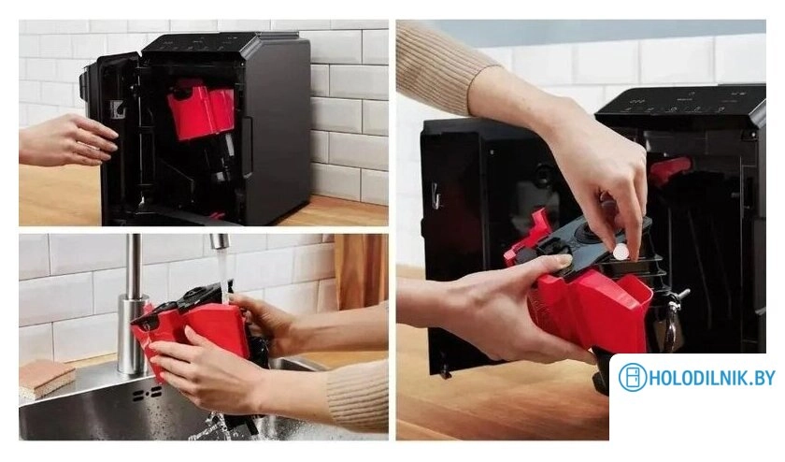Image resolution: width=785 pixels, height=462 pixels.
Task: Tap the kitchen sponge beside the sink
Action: coord(45,377)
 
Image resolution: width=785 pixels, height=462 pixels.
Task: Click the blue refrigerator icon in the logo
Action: coord(633,378)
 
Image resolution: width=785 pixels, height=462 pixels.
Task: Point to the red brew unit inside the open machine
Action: coord(201,110)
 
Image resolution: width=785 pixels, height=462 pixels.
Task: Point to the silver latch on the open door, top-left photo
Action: coord(118,109)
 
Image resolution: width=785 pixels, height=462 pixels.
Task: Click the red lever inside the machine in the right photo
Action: coord(669,169)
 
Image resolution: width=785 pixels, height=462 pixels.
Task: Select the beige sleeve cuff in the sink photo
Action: coord(359,393)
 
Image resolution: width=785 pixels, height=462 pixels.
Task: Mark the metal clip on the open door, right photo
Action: coord(435,195)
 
